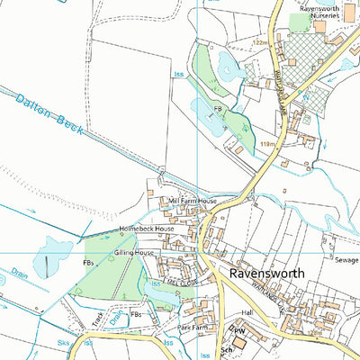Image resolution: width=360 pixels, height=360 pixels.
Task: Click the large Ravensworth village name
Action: [266, 272]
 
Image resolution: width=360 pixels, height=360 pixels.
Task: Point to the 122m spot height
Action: [261, 42]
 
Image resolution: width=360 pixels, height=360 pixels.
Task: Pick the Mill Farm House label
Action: [193, 200]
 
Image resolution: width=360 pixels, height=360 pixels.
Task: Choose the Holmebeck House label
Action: [146, 229]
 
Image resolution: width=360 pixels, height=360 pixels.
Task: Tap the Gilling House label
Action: [134, 254]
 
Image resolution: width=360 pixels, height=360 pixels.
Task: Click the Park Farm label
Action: [193, 328]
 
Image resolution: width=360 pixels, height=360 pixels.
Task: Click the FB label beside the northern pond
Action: [217, 109]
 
